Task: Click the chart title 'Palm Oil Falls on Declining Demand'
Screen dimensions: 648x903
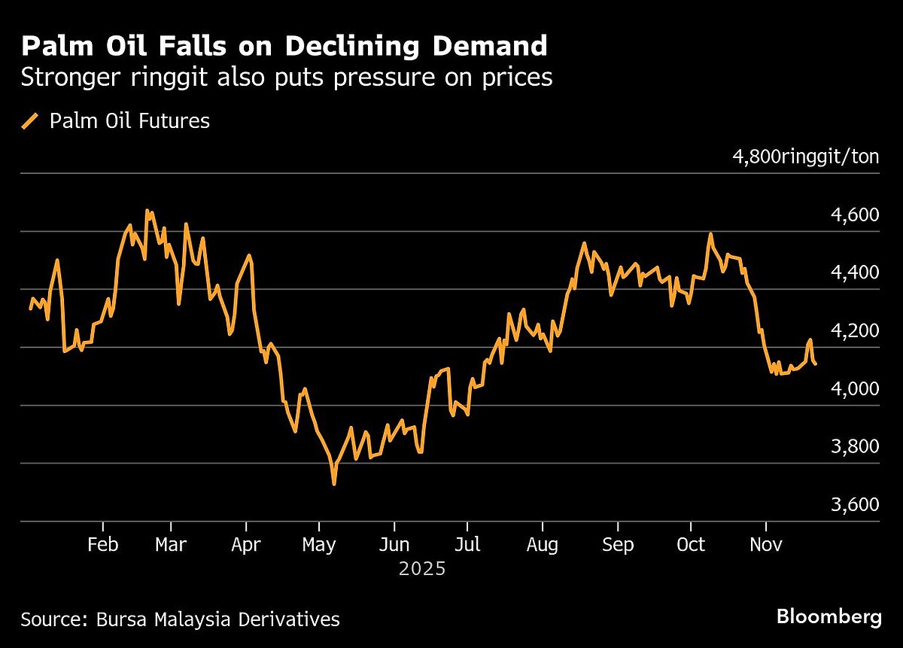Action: [284, 47]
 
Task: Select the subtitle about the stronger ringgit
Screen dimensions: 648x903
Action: [287, 78]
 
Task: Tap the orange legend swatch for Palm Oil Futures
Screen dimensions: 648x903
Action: [30, 121]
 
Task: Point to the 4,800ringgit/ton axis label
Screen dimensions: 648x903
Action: [805, 157]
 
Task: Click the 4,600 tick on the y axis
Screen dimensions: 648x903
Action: [852, 215]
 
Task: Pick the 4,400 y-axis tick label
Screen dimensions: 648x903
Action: [852, 273]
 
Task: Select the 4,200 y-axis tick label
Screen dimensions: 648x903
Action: [852, 331]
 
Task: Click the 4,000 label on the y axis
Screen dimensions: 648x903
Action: [852, 389]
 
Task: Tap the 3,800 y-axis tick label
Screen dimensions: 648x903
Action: [852, 447]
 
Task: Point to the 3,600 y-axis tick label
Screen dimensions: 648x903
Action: [852, 505]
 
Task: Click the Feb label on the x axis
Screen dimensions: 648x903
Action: [102, 545]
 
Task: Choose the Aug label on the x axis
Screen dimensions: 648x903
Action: [543, 545]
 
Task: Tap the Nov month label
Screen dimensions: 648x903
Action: [765, 545]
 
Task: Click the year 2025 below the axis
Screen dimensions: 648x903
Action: [422, 568]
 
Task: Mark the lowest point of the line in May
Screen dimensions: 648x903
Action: [333, 483]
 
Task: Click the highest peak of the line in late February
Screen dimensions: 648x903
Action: [147, 211]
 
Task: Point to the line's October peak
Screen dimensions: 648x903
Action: [710, 234]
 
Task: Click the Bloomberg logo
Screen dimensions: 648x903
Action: [829, 618]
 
